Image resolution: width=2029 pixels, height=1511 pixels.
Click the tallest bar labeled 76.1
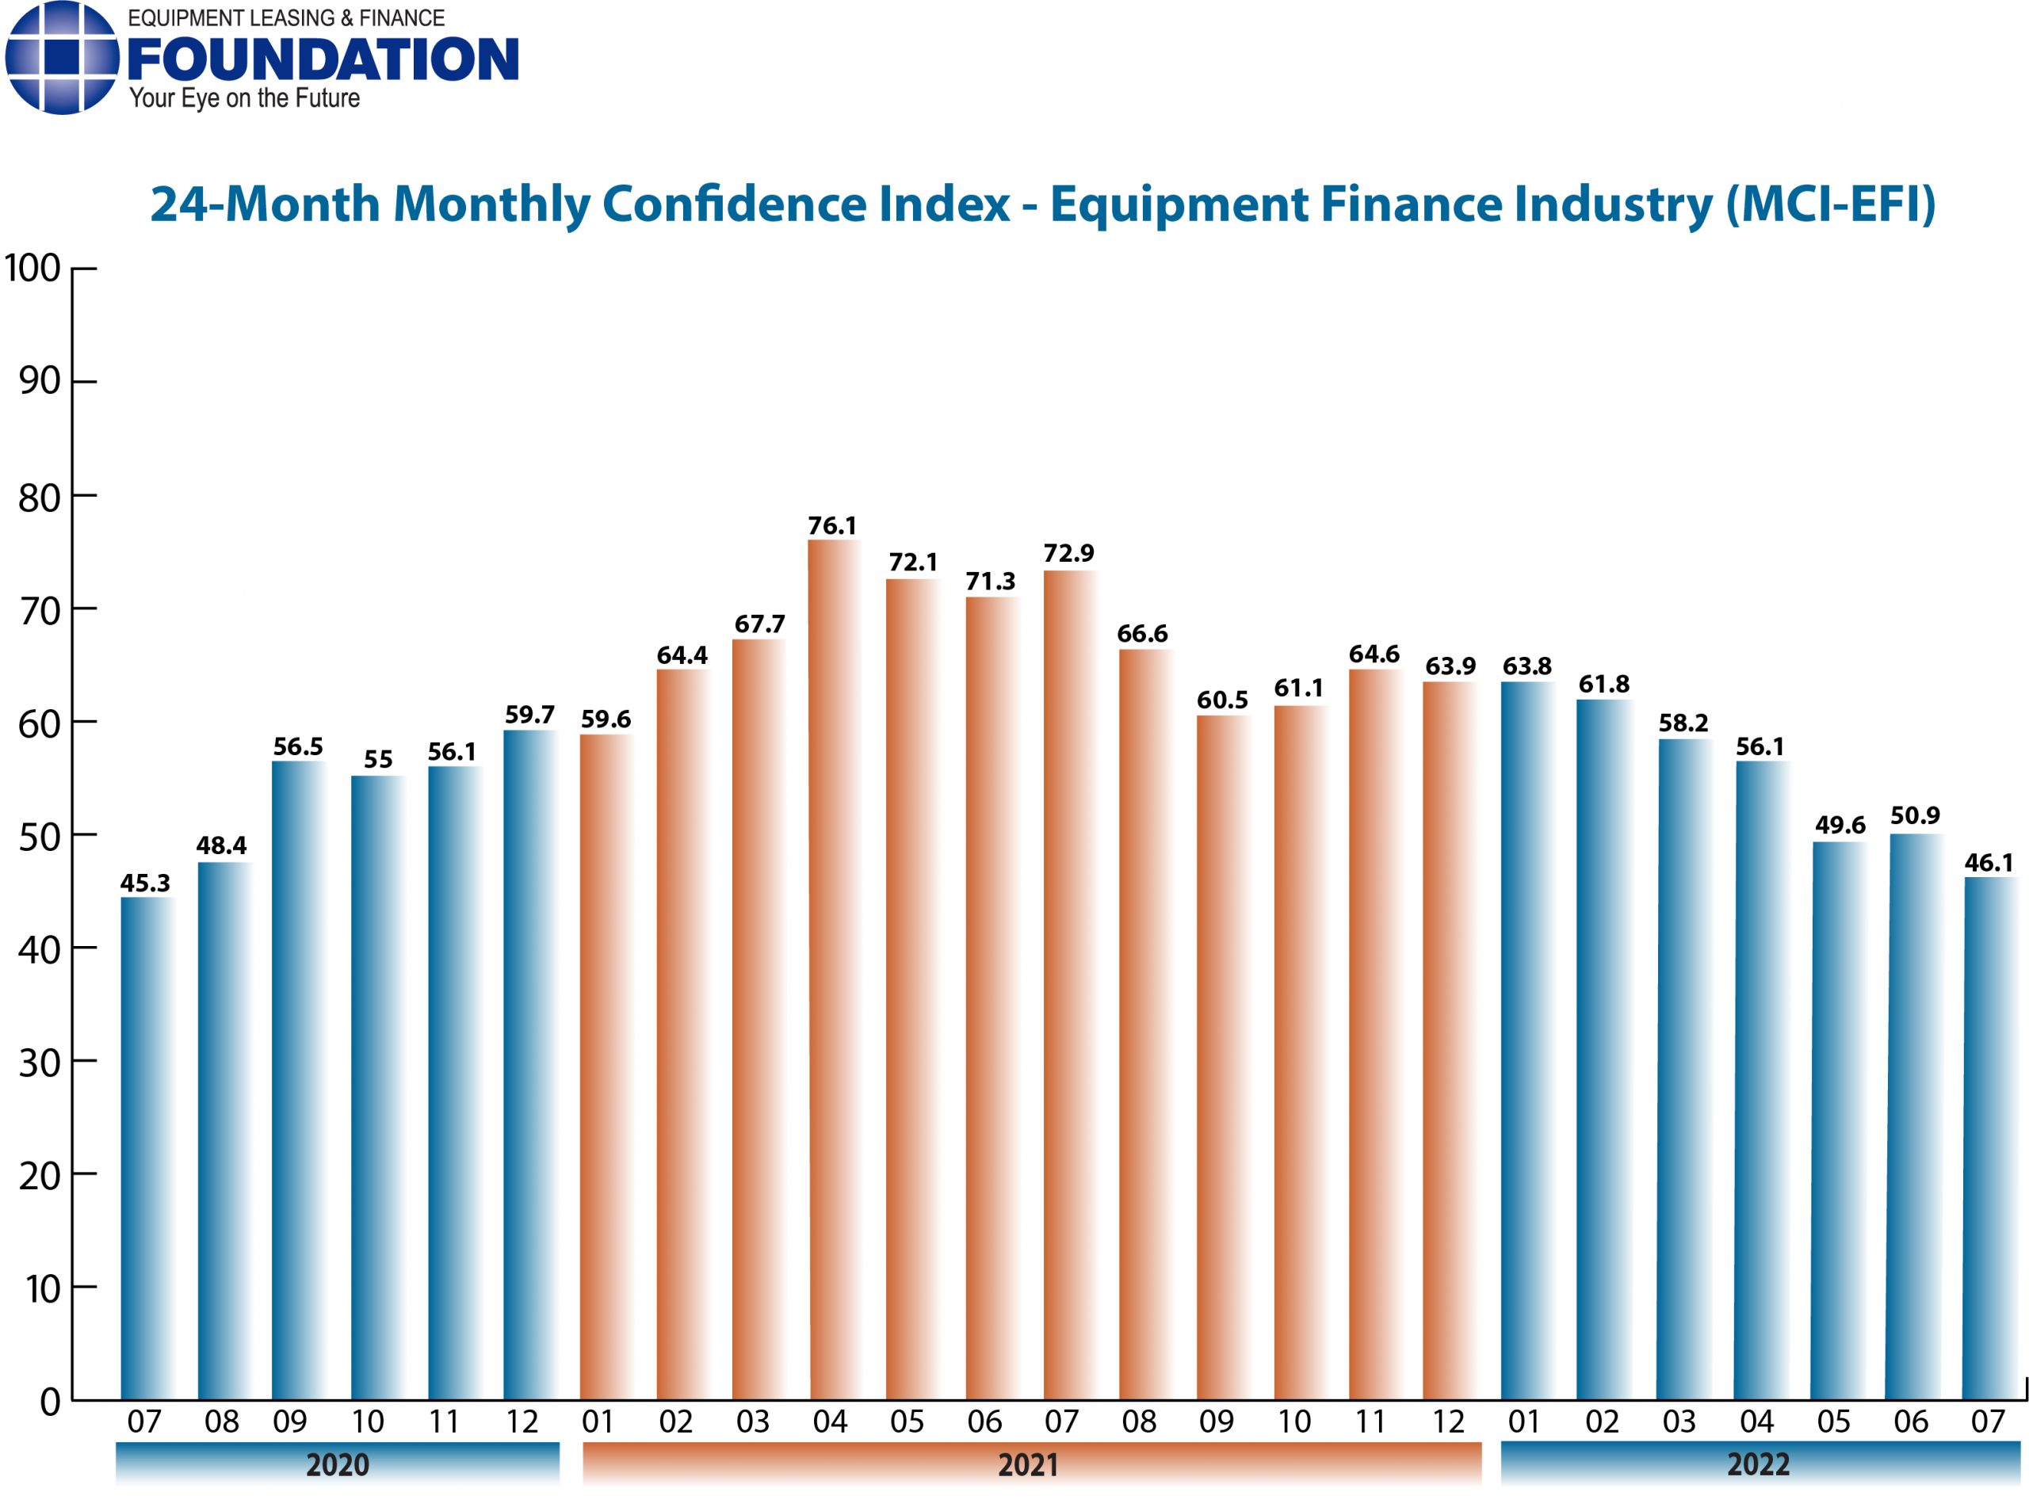832,970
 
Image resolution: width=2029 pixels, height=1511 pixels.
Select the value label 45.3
146,883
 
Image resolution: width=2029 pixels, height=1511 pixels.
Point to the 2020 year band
337,1463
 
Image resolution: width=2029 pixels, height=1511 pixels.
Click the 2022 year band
1758,1463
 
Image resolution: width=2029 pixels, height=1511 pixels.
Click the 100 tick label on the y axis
33,269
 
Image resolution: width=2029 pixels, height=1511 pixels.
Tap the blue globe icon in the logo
60,58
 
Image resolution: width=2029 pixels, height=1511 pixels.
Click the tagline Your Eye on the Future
244,99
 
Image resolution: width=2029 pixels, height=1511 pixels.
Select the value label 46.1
1989,863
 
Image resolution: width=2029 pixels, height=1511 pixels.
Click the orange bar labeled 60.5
1222,1057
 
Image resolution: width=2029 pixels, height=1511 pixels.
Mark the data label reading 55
378,759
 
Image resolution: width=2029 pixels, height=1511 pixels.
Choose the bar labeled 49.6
1837,1120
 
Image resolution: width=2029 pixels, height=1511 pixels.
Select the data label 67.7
759,624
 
